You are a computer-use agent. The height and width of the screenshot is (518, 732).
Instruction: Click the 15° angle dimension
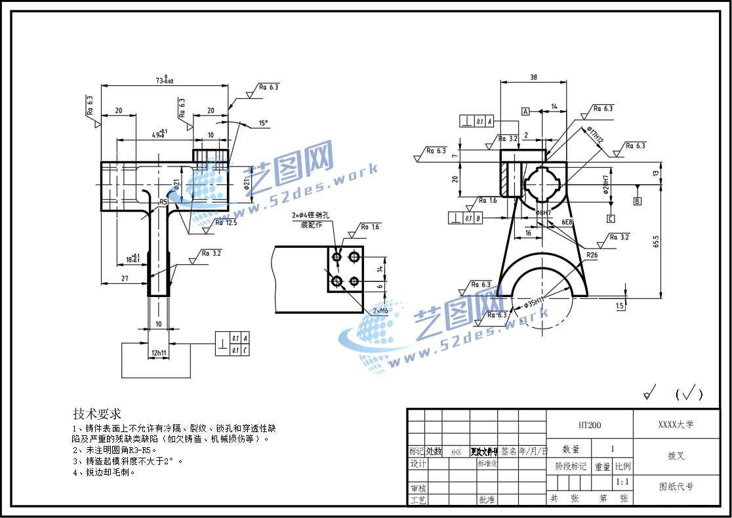point(263,123)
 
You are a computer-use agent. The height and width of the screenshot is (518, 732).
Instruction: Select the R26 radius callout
point(592,255)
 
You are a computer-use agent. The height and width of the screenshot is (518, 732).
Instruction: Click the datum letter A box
point(525,111)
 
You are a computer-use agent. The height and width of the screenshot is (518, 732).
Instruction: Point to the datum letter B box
point(637,201)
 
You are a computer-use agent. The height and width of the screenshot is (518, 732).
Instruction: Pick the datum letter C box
point(611,218)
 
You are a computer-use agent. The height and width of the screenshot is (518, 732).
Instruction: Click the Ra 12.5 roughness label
point(226,223)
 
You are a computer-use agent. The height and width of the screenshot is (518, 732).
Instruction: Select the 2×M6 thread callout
point(380,310)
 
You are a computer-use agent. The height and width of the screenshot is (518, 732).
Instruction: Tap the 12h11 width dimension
point(159,353)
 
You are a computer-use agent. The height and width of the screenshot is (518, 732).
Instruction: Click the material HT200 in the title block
point(590,425)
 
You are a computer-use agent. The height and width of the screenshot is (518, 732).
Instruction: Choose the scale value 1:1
point(622,482)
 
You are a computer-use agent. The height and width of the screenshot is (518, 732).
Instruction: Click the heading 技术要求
point(97,414)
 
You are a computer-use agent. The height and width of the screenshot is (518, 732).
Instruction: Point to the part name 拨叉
point(676,456)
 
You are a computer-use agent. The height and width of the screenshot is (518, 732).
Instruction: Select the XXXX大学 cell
point(676,424)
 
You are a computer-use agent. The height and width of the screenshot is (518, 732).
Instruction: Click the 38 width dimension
point(533,77)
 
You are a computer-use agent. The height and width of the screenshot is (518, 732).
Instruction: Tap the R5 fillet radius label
point(163,202)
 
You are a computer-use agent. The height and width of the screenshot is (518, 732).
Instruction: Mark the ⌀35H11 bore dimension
point(535,302)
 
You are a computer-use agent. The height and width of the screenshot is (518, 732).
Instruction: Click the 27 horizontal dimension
point(124,279)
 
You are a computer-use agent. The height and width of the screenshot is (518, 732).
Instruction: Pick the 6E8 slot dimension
point(567,222)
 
